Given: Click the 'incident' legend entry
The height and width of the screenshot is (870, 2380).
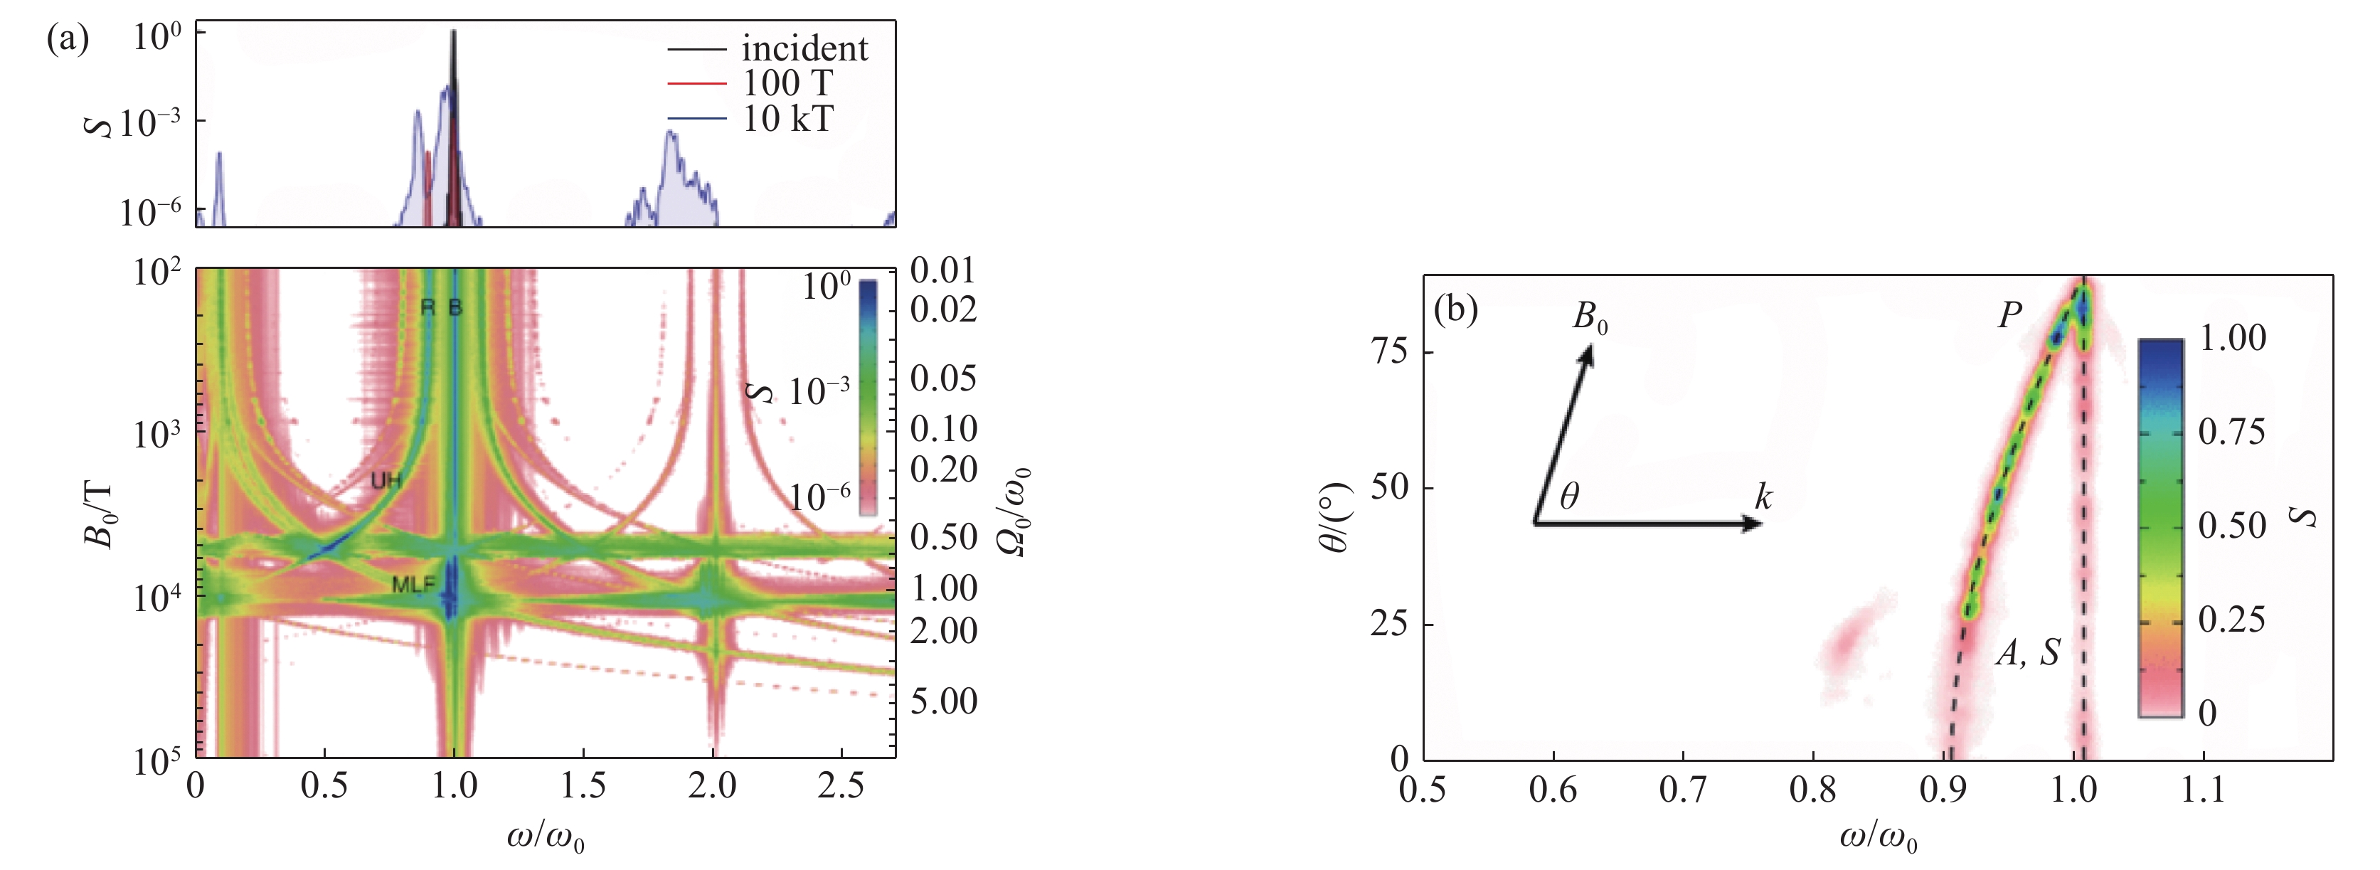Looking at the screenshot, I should click(804, 48).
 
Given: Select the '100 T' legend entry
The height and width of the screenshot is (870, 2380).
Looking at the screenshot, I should click(787, 83).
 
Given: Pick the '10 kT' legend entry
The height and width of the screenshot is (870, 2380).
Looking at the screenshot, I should click(788, 118).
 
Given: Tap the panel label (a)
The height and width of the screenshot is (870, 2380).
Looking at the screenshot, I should click(68, 39).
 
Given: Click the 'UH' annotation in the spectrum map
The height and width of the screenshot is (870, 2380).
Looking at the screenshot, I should click(386, 480).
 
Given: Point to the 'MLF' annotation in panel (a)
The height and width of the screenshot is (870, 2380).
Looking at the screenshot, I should click(413, 585).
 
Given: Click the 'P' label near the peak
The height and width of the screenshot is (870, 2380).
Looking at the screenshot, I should click(2009, 316).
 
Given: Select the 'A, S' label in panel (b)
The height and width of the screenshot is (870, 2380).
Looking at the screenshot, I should click(2027, 653).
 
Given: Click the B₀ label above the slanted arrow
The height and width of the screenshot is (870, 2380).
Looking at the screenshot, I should click(1590, 318).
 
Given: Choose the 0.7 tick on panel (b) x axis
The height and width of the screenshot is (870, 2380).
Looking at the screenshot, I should click(1682, 790).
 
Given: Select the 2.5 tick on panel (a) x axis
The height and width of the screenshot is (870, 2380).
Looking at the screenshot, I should click(840, 786).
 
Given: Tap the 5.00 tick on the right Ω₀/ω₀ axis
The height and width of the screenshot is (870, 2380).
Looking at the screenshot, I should click(943, 701).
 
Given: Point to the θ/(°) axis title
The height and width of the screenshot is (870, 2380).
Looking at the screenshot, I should click(1334, 517).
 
